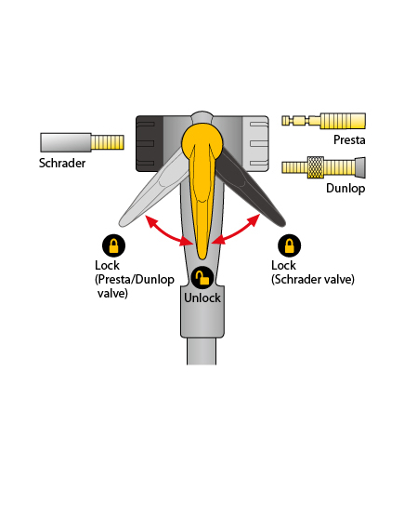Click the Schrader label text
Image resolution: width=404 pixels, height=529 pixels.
click(62, 163)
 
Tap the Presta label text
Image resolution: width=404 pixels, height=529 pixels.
click(349, 139)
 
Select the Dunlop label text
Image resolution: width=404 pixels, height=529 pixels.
click(345, 188)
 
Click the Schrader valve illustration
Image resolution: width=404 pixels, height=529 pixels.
click(83, 142)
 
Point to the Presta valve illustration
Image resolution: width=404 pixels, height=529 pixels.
click(323, 121)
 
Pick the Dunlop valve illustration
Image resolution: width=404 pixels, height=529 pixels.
click(323, 167)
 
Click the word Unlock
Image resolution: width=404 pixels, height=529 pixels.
click(202, 298)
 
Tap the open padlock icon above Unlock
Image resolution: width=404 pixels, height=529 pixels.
click(202, 278)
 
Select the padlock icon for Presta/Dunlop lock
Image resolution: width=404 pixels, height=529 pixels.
click(113, 245)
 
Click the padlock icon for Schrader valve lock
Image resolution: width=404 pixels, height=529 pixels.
click(290, 245)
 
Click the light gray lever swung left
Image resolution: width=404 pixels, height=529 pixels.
click(151, 189)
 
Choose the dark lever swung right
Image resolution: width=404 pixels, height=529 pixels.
click(253, 189)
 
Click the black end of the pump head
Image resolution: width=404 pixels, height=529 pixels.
click(150, 144)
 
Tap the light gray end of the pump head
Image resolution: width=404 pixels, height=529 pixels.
click(255, 144)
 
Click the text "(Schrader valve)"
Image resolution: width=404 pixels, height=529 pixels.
click(313, 280)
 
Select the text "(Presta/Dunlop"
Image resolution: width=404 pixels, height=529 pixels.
click(135, 280)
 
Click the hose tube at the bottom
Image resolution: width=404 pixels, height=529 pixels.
click(202, 350)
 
